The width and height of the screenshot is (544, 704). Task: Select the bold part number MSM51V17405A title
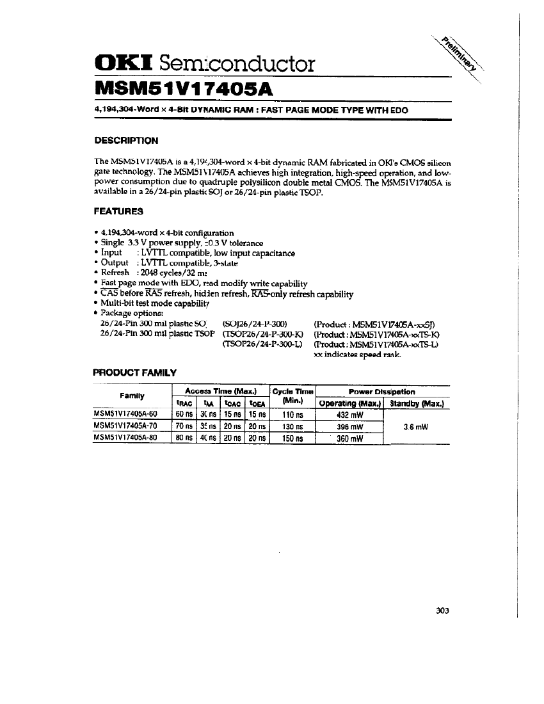pyautogui.click(x=184, y=88)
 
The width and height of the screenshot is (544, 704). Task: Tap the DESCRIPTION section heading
pyautogui.click(x=126, y=140)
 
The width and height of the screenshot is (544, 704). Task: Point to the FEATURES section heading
pyautogui.click(x=118, y=211)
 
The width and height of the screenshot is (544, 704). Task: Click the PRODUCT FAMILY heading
pyautogui.click(x=134, y=372)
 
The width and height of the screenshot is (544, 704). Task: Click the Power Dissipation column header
pyautogui.click(x=382, y=391)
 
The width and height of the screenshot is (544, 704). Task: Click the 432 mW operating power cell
pyautogui.click(x=349, y=414)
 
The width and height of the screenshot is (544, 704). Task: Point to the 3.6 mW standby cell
pyautogui.click(x=416, y=426)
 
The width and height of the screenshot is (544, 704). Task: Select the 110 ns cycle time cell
pyautogui.click(x=292, y=414)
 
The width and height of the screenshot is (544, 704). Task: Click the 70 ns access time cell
pyautogui.click(x=184, y=426)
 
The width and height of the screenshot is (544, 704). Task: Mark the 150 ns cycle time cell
pyautogui.click(x=292, y=438)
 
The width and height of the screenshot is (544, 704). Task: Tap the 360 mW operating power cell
pyautogui.click(x=349, y=438)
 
